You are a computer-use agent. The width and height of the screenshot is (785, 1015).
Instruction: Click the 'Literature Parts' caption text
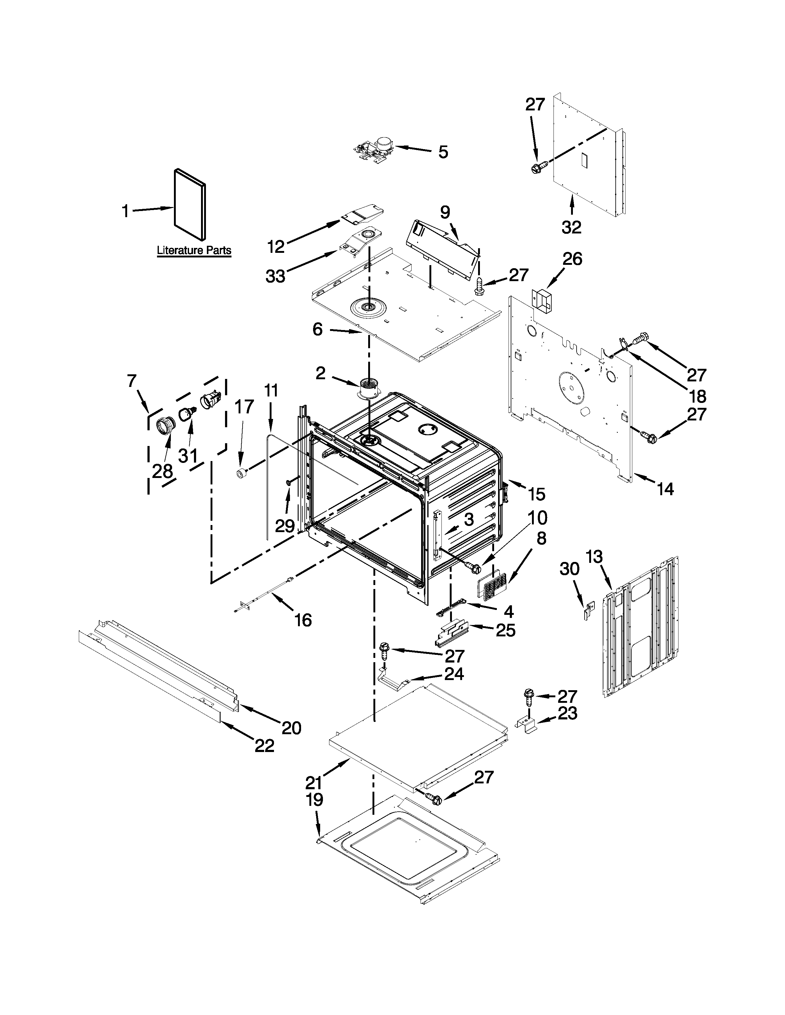tap(194, 250)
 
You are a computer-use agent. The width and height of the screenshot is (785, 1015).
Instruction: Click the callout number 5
tap(443, 152)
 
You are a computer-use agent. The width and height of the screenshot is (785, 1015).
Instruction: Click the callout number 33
tap(275, 276)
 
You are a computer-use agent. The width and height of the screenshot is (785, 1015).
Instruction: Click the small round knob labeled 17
tap(241, 474)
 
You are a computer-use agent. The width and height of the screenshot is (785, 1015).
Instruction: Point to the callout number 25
tap(505, 630)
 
